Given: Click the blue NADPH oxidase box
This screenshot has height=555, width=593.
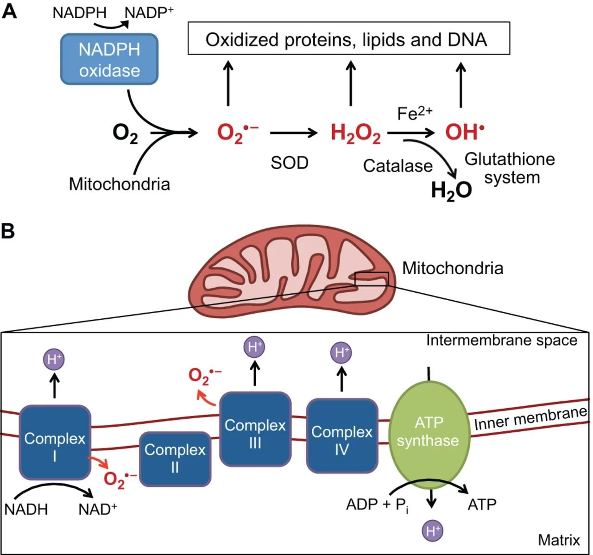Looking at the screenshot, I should click(x=109, y=59).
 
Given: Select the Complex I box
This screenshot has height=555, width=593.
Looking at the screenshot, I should click(x=55, y=442).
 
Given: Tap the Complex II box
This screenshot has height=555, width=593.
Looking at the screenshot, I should click(x=175, y=459).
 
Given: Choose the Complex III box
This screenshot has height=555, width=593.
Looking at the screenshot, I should click(x=255, y=429).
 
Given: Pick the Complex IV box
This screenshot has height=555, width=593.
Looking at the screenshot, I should click(x=342, y=435).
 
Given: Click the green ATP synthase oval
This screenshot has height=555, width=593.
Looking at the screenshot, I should click(x=429, y=433).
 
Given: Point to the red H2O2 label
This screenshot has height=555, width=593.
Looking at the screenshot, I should click(x=355, y=133).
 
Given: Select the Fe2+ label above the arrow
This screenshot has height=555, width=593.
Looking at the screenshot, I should click(x=415, y=113).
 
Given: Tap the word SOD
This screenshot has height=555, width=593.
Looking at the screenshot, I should click(x=290, y=163).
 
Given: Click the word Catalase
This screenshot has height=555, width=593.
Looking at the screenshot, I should click(x=397, y=166).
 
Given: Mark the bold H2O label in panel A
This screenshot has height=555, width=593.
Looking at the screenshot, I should click(x=451, y=190).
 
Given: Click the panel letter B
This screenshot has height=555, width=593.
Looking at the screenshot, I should click(x=8, y=230).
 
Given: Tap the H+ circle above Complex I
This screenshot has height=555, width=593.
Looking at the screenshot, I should click(x=54, y=359).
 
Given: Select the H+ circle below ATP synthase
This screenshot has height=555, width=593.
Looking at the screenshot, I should click(x=433, y=531).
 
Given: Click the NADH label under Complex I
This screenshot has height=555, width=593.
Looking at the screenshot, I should click(x=26, y=509).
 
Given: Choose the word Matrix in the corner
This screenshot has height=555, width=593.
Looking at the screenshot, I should click(x=559, y=540).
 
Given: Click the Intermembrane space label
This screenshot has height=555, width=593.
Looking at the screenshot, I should click(x=502, y=341).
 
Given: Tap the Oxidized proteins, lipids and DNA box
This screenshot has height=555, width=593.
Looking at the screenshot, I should click(x=348, y=39).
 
